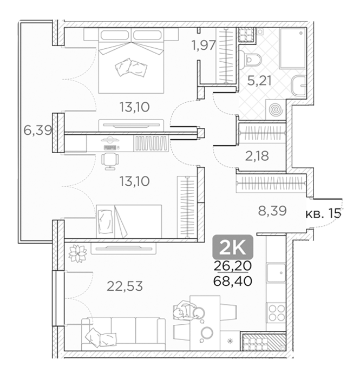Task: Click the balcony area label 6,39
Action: coord(38,131)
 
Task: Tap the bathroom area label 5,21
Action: coord(259,81)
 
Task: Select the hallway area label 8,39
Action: coord(272,211)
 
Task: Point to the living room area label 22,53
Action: coord(125,286)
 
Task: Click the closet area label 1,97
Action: coord(204,45)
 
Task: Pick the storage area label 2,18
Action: coord(257,156)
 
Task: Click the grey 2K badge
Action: coord(233,247)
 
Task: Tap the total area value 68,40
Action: coord(233,281)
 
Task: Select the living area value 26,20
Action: coord(233,266)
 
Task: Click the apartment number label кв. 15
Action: coord(324,214)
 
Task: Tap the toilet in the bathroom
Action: coord(251,59)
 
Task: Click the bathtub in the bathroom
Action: coord(292,48)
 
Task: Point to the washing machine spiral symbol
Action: coord(276,110)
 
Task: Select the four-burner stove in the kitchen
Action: coord(277,313)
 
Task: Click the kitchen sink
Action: coord(276,273)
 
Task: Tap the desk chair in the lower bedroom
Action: coord(110,161)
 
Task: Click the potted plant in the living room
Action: coord(77,253)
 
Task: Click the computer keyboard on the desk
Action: coord(110,147)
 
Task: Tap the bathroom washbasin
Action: coord(299,86)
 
